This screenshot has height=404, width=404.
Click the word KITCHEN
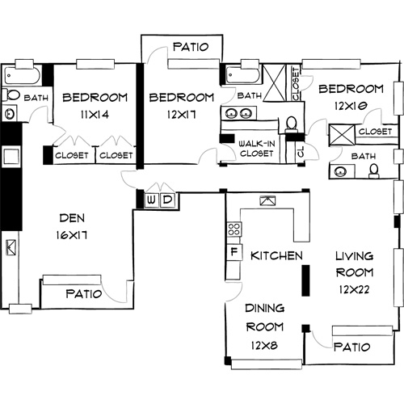(276, 255)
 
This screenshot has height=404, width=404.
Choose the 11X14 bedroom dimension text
(95, 115)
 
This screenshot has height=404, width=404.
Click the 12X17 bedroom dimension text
(181, 115)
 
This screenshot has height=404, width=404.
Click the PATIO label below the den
(83, 293)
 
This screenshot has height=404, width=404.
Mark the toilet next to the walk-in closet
(290, 124)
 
